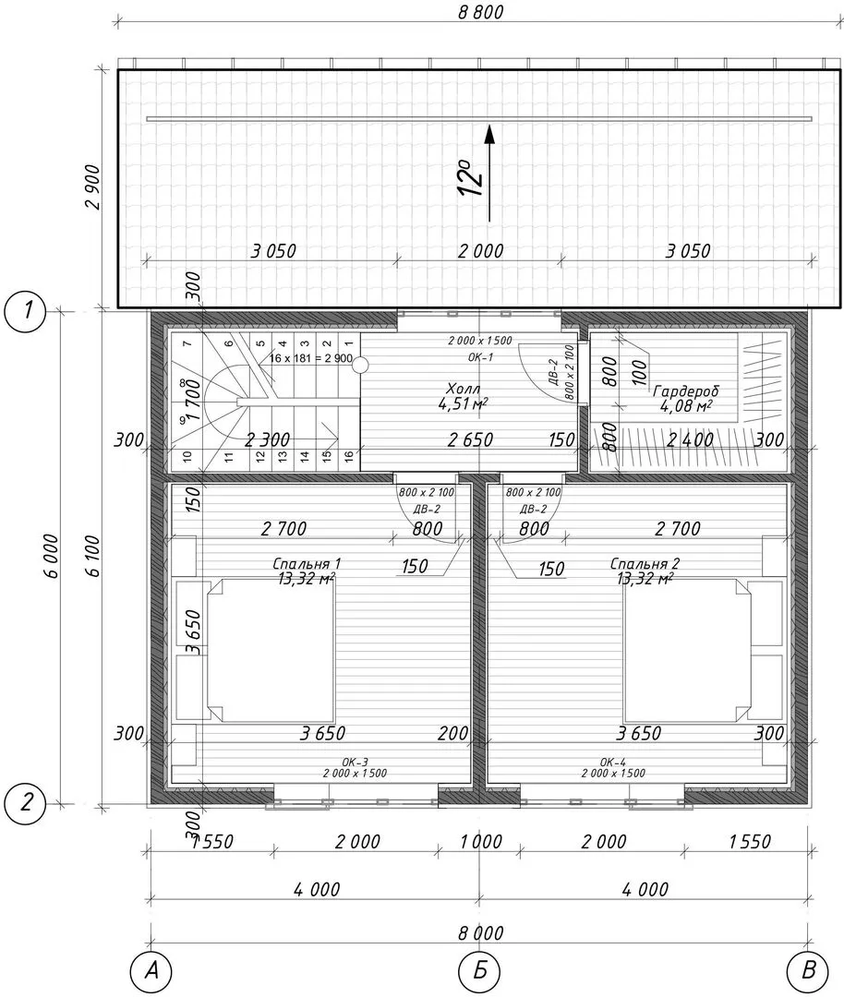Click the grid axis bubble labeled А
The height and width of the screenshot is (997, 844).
[x=151, y=971]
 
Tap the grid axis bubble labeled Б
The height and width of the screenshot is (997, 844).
[x=480, y=971]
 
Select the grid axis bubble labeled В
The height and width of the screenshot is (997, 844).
[x=808, y=971]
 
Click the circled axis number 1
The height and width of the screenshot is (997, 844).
[x=26, y=312]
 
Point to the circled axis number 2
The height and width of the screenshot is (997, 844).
[x=26, y=802]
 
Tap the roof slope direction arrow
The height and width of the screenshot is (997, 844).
[x=489, y=173]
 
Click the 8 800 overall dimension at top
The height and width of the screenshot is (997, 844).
[x=481, y=12]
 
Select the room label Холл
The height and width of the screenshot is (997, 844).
[x=463, y=389]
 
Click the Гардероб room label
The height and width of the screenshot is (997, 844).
[x=685, y=391]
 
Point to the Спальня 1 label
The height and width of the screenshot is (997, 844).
[x=307, y=563]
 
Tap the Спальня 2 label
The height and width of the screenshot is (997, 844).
[x=645, y=563]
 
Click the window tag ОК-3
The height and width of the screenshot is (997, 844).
[x=355, y=762]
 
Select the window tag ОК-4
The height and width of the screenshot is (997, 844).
[x=613, y=762]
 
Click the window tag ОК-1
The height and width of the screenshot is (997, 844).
[x=480, y=357]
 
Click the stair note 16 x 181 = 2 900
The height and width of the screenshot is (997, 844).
[x=310, y=358]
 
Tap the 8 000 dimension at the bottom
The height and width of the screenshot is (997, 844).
[x=481, y=933]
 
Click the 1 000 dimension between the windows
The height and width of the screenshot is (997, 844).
[x=481, y=842]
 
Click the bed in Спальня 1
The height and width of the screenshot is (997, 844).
[x=271, y=650]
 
